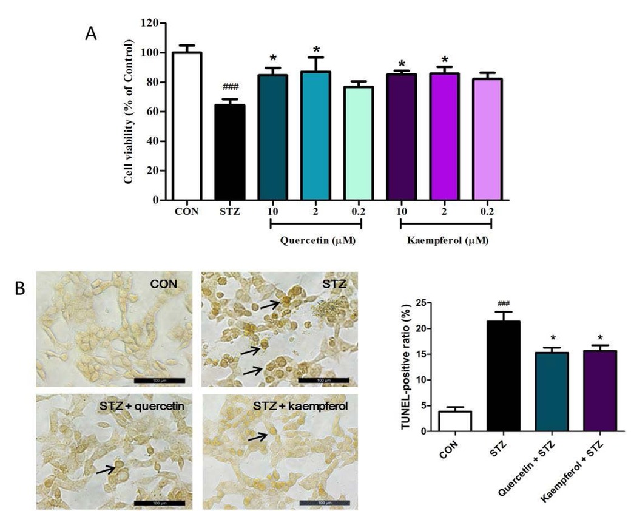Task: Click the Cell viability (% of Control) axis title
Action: point(129,112)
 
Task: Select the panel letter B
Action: point(20,288)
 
